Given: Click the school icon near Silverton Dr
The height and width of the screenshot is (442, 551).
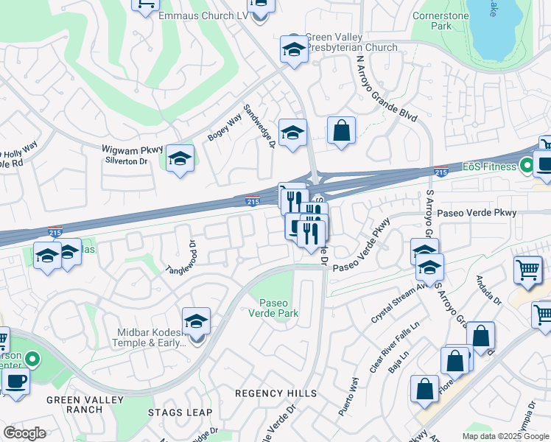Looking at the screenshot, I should (180, 158).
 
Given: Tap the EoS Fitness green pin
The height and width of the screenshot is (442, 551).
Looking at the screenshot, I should (527, 166).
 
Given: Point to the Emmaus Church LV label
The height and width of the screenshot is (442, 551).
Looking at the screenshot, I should (204, 15).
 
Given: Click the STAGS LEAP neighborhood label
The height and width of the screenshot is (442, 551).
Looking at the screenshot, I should (180, 413).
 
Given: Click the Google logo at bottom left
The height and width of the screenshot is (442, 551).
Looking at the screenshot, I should (24, 433).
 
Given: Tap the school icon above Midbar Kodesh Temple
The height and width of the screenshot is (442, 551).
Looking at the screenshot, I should (196, 320).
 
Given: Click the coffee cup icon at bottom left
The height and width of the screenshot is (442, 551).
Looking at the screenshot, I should (15, 381).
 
